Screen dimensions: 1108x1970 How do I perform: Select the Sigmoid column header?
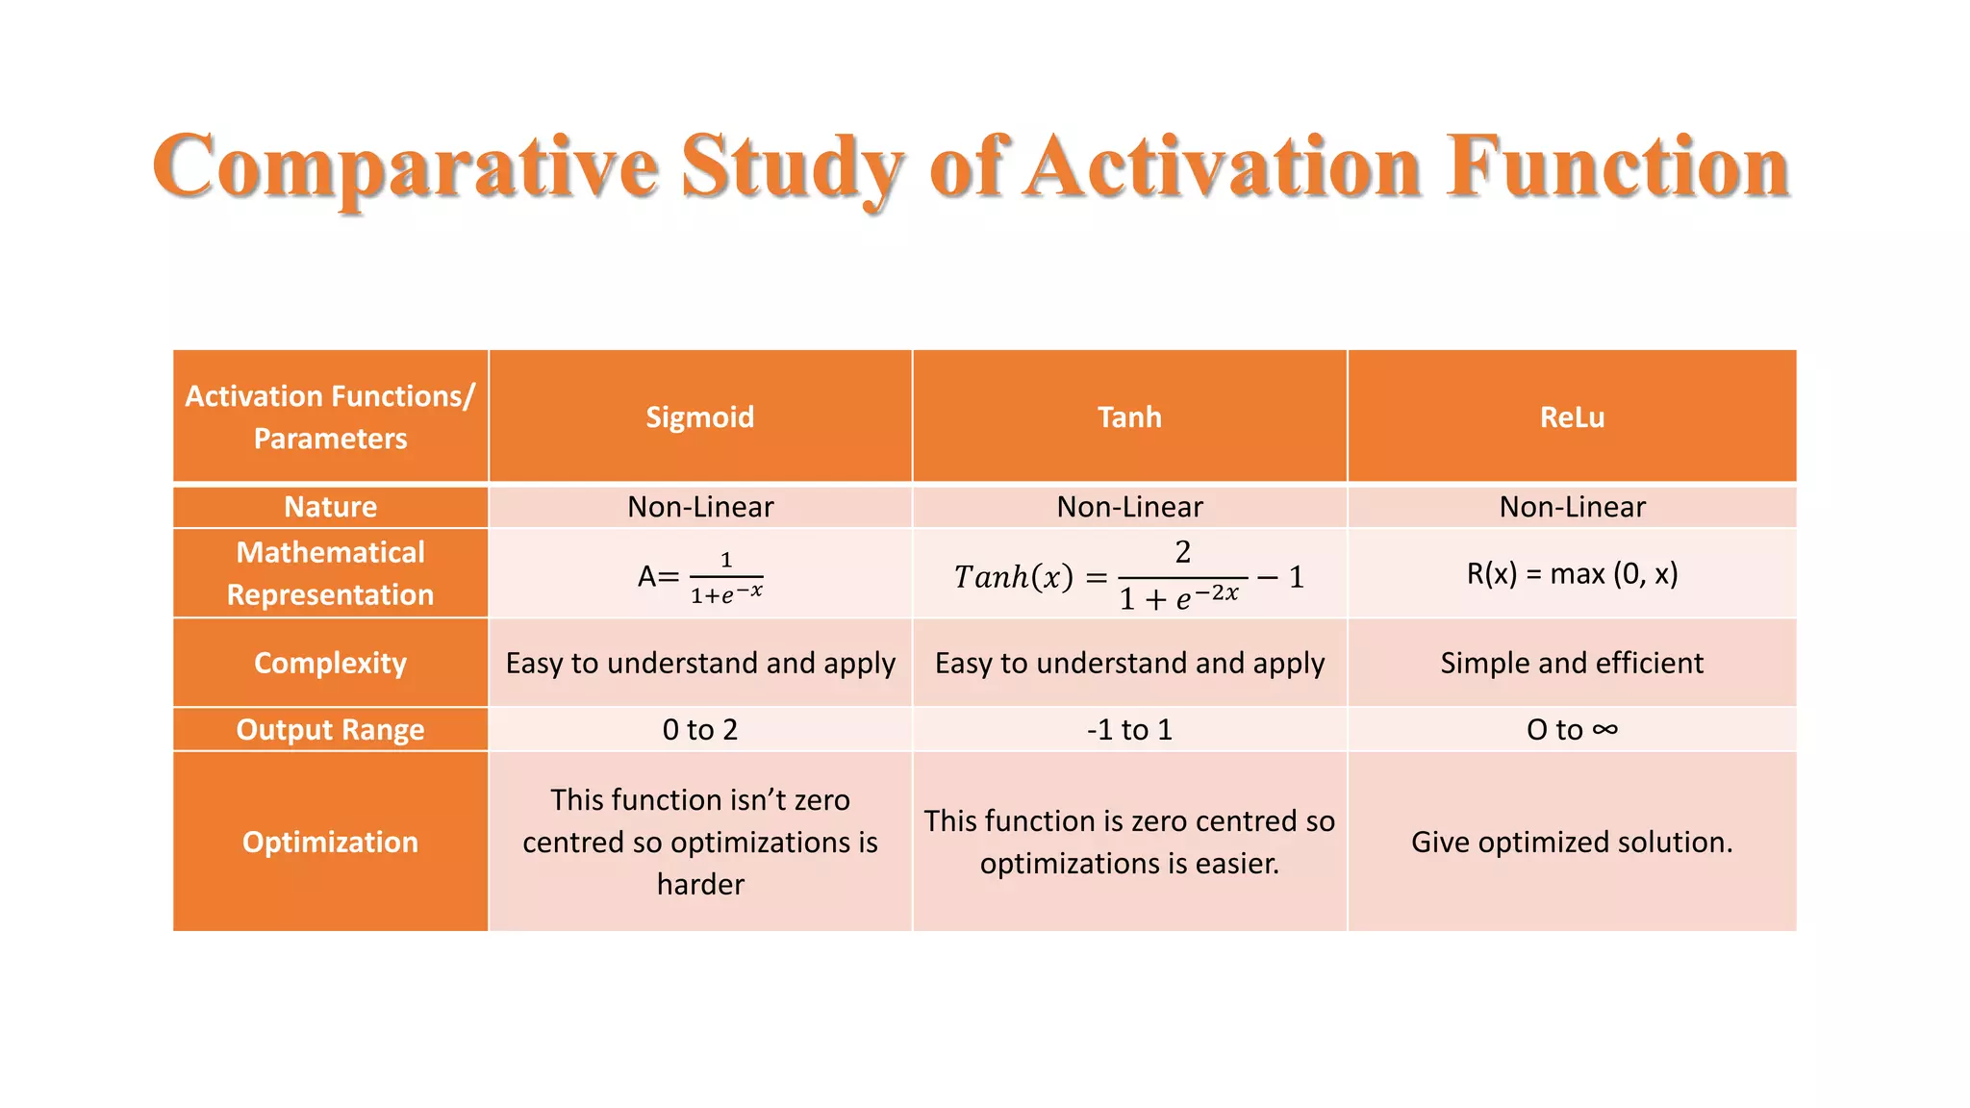click(x=699, y=417)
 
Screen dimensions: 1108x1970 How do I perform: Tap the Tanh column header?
click(x=1129, y=417)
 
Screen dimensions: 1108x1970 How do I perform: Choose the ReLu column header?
click(x=1572, y=417)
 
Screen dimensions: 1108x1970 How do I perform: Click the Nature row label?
click(x=330, y=507)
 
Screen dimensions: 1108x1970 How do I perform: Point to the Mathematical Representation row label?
click(x=330, y=573)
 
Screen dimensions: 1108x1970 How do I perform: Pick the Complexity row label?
click(x=330, y=663)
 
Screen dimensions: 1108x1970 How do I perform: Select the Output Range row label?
click(x=330, y=730)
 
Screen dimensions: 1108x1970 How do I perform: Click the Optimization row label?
click(x=330, y=842)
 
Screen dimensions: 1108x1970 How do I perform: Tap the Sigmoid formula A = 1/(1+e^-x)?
click(x=700, y=577)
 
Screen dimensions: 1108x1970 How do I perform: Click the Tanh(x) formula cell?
click(x=1129, y=577)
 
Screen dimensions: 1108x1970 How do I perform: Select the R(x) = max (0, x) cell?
click(x=1572, y=574)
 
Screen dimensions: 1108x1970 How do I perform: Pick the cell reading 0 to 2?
click(x=699, y=730)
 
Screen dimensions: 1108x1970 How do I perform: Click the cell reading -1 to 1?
click(x=1129, y=730)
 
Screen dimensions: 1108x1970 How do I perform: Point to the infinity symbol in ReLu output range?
click(x=1604, y=730)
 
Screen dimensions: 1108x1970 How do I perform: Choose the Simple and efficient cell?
click(x=1572, y=663)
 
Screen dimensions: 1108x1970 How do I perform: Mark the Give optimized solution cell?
click(x=1572, y=842)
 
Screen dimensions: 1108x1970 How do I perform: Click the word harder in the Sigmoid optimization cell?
click(x=700, y=884)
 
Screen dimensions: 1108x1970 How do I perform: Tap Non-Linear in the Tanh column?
click(x=1129, y=507)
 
